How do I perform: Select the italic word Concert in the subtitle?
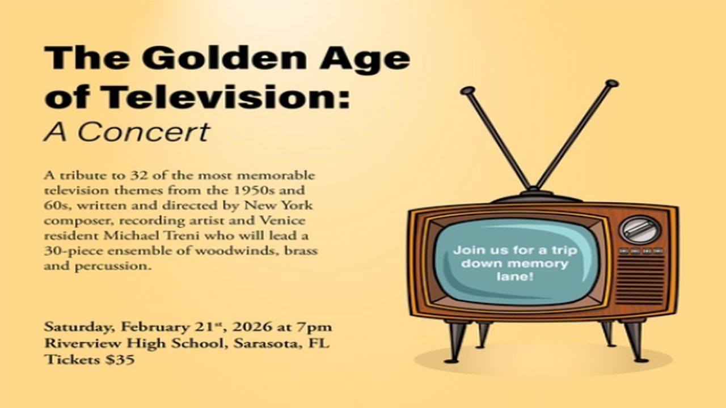point(143,132)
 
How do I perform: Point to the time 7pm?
point(318,328)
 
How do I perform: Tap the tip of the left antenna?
point(466,91)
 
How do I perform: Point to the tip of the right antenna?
point(611,84)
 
